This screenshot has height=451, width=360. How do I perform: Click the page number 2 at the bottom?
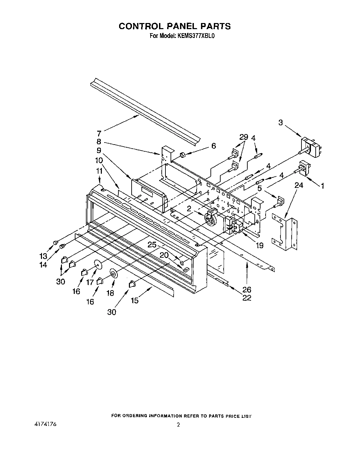(x=179, y=425)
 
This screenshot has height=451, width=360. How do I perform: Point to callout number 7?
(x=99, y=133)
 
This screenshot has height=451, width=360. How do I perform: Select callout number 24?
(x=298, y=185)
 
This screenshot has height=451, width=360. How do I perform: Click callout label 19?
(x=260, y=245)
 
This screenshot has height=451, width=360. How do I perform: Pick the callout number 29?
(x=244, y=137)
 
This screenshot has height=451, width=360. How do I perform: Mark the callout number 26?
(x=247, y=289)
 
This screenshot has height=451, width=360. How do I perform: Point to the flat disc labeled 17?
(x=98, y=264)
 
